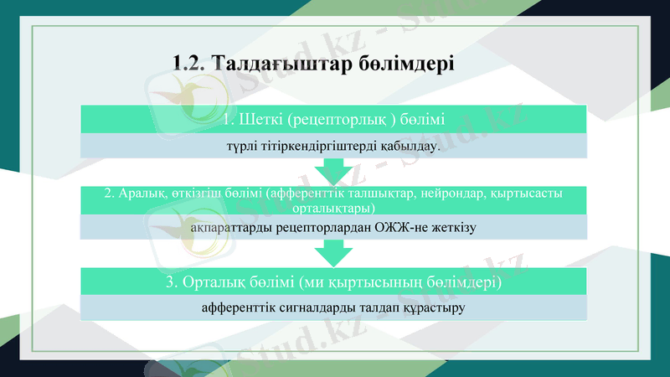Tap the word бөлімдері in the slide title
(414, 64)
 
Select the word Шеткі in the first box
(259, 120)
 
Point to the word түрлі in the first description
(243, 147)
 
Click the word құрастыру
(433, 308)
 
